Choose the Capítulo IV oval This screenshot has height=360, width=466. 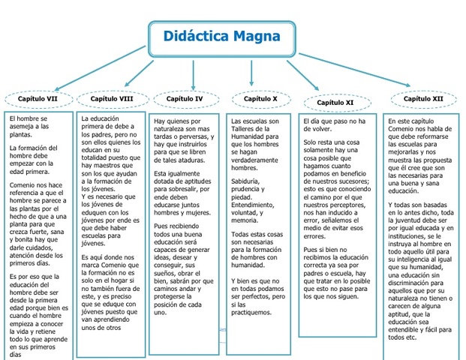tap(184, 99)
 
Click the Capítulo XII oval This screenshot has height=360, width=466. tap(423, 99)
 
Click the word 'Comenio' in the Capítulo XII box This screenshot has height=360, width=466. tap(404, 129)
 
